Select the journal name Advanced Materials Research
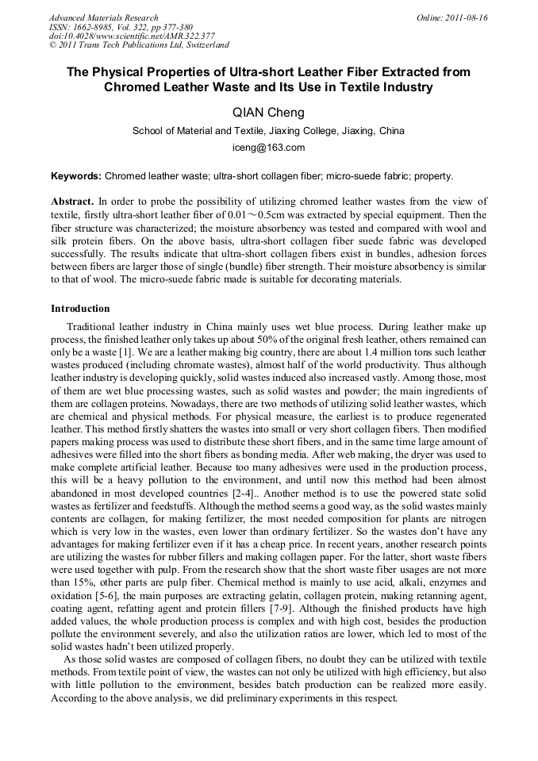[103, 17]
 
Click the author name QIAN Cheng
[268, 113]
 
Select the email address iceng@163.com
[268, 148]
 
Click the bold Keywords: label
[76, 176]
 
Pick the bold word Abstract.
[72, 202]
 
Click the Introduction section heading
[80, 309]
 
